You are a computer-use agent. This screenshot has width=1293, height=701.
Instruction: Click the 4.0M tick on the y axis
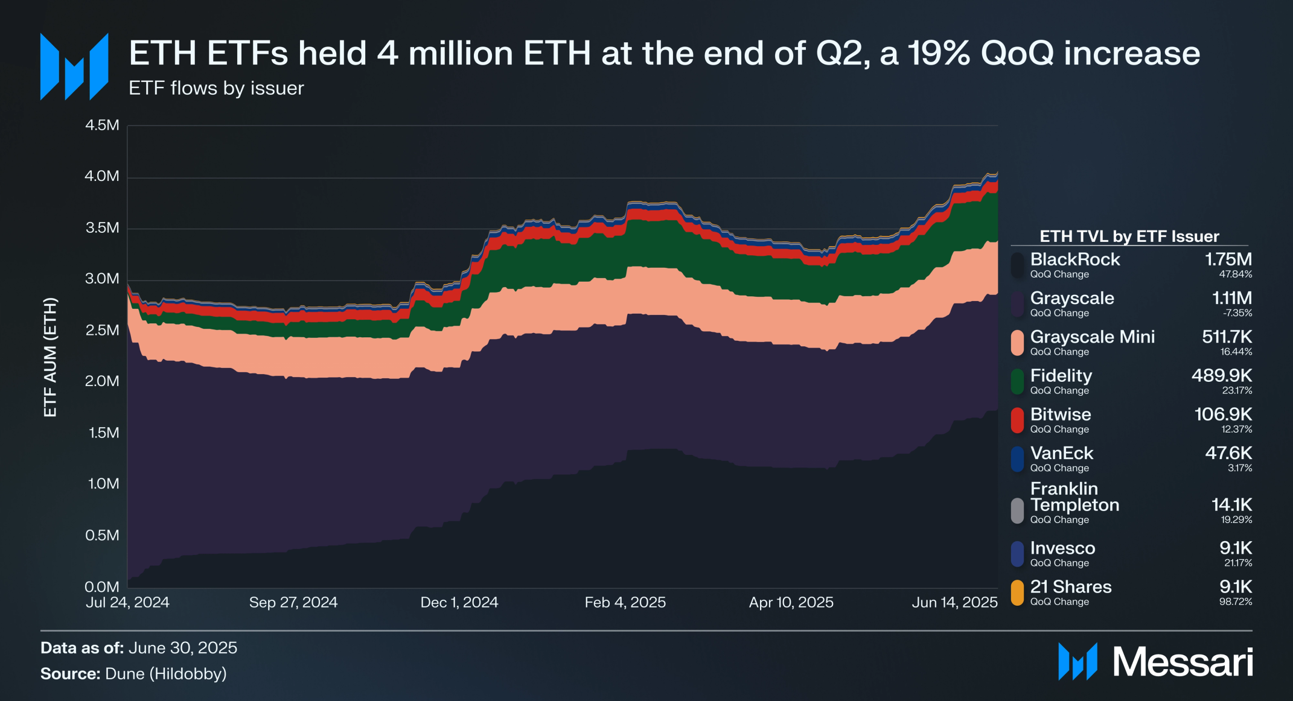coord(102,176)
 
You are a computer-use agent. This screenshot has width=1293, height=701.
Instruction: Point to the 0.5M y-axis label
coord(102,535)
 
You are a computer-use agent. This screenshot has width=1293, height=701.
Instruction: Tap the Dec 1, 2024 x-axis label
coord(459,602)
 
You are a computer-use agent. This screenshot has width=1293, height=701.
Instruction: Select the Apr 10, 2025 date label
coord(791,602)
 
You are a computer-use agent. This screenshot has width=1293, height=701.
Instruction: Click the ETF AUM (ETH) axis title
coord(50,357)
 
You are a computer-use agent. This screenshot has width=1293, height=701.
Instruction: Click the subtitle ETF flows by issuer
coord(216,88)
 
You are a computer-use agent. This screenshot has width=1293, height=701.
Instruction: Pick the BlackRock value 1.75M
coord(1228,259)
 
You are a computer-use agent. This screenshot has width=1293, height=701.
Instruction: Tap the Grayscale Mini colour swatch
coord(1017,343)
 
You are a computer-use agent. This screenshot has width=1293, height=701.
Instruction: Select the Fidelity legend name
coord(1061,376)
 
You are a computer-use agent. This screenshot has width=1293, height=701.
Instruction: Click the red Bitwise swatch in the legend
coord(1017,420)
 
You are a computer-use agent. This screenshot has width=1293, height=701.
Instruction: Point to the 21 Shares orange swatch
coord(1017,592)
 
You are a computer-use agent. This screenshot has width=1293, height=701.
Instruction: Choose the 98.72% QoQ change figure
coord(1235,601)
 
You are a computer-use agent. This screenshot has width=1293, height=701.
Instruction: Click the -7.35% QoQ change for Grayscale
coord(1237,313)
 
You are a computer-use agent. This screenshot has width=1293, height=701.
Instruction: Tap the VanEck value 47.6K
coord(1228,453)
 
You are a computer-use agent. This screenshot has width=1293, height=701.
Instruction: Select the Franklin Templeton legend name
coord(1074,496)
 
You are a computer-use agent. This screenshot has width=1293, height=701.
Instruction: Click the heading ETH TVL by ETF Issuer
coord(1129,236)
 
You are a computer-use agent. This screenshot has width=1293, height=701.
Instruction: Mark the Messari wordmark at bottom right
coord(1182,662)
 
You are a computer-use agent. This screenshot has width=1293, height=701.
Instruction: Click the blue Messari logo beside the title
coord(74,66)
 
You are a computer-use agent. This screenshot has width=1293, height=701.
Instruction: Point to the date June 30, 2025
coord(183,648)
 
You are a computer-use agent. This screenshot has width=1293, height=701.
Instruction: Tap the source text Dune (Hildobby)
coord(166,673)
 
